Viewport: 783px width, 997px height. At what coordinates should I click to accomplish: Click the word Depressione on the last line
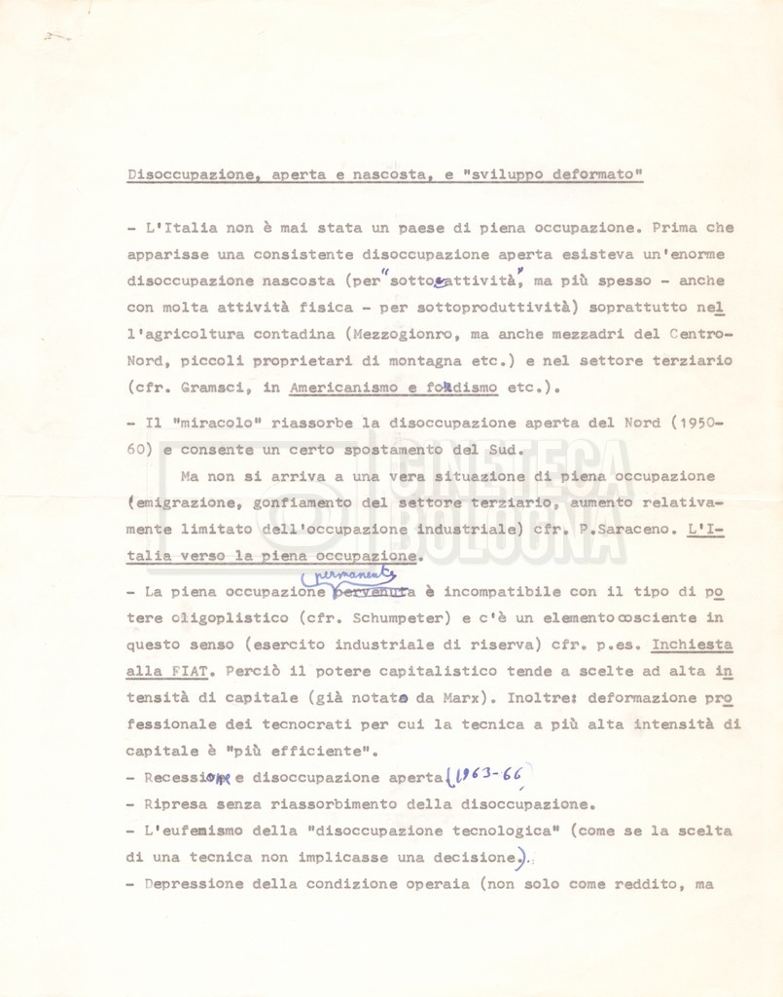(x=192, y=884)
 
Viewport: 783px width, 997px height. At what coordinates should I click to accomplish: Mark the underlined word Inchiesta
(x=693, y=645)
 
